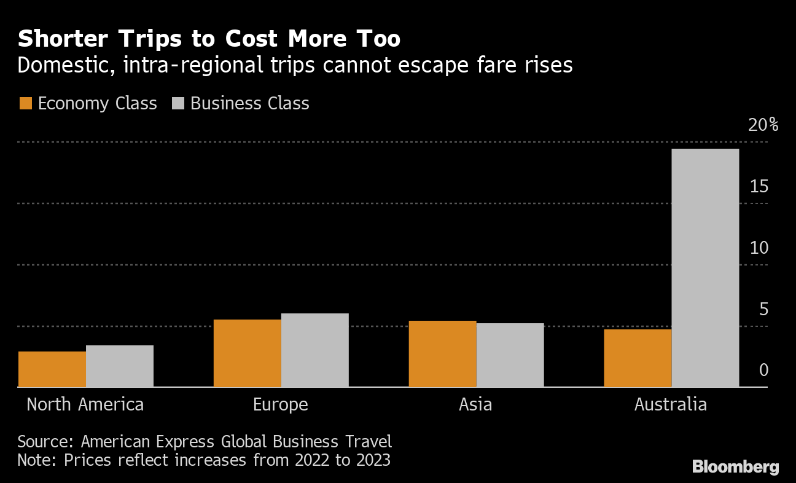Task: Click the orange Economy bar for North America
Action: click(x=52, y=369)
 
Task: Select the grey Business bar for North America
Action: click(x=120, y=366)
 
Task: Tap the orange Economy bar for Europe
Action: click(x=248, y=353)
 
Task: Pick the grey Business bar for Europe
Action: click(x=315, y=350)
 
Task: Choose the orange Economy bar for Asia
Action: click(x=443, y=354)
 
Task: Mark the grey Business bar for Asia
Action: click(x=510, y=355)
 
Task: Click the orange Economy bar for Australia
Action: click(x=638, y=358)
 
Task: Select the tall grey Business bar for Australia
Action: click(x=706, y=268)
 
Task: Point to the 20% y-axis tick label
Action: click(x=763, y=125)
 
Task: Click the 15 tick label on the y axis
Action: click(x=759, y=186)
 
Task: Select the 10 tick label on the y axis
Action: click(x=759, y=248)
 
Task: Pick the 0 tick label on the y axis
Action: click(x=763, y=370)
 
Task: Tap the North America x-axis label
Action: click(x=85, y=404)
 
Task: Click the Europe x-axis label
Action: click(x=280, y=404)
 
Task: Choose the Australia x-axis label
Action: click(x=670, y=404)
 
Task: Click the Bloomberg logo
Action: click(x=735, y=467)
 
